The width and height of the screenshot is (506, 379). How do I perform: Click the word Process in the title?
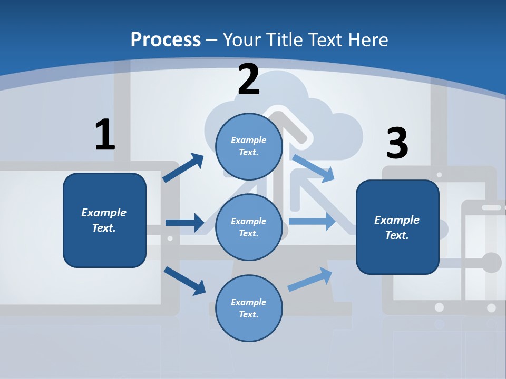pyautogui.click(x=166, y=40)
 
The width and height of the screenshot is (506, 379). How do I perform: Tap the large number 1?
pyautogui.click(x=105, y=135)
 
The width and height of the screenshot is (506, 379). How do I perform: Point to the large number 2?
pyautogui.click(x=249, y=79)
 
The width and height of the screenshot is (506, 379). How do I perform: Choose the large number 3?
pyautogui.click(x=397, y=143)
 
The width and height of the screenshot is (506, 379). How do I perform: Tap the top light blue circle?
pyautogui.click(x=249, y=146)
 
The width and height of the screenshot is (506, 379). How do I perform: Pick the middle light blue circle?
pyautogui.click(x=249, y=227)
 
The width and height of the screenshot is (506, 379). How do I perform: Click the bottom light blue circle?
pyautogui.click(x=249, y=308)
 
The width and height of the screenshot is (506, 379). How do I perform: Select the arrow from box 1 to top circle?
pyautogui.click(x=183, y=168)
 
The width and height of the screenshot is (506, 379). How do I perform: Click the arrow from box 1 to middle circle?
pyautogui.click(x=184, y=223)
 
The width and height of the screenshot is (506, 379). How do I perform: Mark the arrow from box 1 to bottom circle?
pyautogui.click(x=184, y=280)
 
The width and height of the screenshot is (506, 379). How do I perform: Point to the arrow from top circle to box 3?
pyautogui.click(x=313, y=168)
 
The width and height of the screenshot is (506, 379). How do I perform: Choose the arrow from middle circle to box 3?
pyautogui.click(x=312, y=222)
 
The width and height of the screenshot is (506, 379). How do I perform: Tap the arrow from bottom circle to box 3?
pyautogui.click(x=310, y=280)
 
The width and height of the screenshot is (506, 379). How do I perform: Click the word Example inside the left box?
pyautogui.click(x=104, y=213)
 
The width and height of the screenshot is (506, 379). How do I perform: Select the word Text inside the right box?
pyautogui.click(x=396, y=235)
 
